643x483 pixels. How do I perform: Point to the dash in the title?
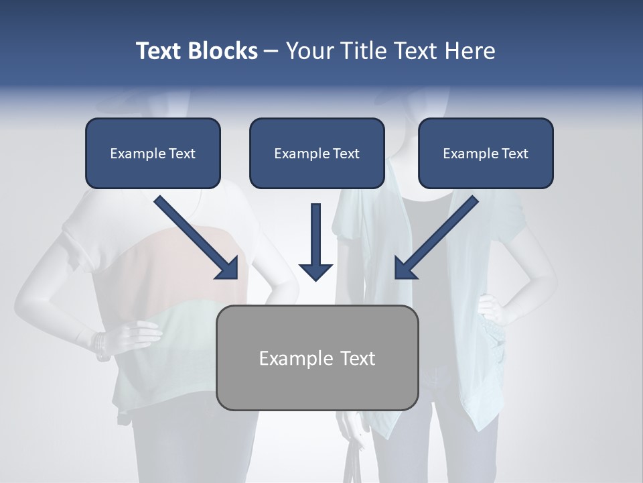(271, 51)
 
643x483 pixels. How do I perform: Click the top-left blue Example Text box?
(153, 153)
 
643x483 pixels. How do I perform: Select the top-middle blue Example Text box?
(317, 153)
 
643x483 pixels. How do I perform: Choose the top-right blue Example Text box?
(486, 153)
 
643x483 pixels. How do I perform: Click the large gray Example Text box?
(317, 358)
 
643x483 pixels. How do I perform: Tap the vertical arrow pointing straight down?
(315, 241)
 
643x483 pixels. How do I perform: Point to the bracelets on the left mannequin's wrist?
(100, 345)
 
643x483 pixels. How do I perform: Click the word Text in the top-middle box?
(345, 154)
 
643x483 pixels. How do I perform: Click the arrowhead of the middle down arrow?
(315, 271)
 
